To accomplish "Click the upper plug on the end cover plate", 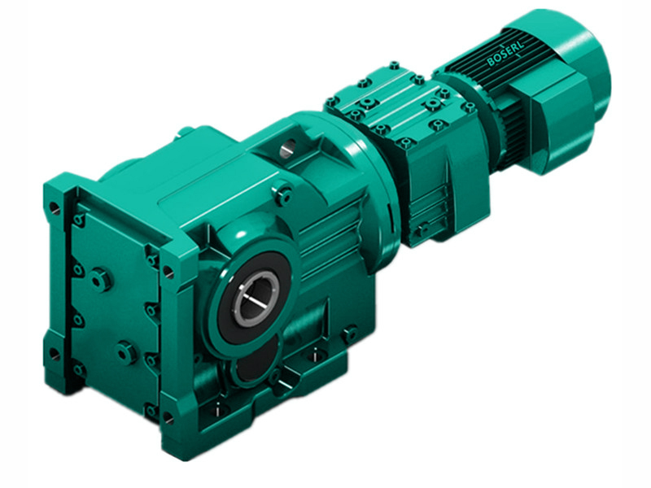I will point(101,279).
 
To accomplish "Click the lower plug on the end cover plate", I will point(126,352).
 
